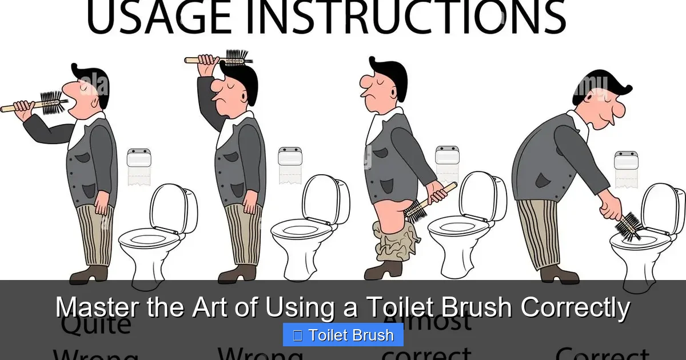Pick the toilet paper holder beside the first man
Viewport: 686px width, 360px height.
tap(138, 166)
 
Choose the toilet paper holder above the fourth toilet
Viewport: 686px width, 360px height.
tap(626, 168)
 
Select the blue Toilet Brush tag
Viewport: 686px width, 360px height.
tap(343, 335)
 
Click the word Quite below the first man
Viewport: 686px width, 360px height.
tap(96, 326)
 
